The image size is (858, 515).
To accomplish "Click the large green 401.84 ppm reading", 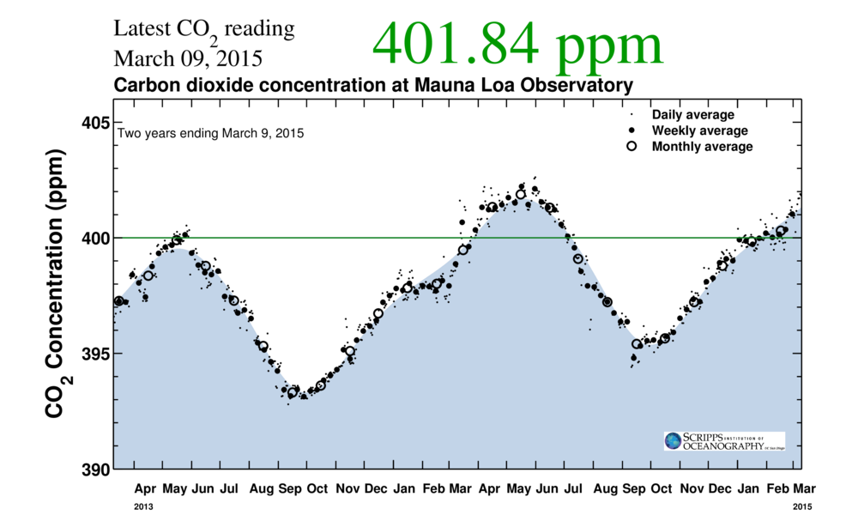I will pyautogui.click(x=518, y=45).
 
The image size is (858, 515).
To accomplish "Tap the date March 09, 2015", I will pyautogui.click(x=188, y=60).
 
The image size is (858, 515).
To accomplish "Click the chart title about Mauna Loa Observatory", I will pyautogui.click(x=373, y=86).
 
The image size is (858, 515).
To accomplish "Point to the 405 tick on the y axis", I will pyautogui.click(x=94, y=123).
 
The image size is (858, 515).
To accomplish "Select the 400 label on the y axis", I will pyautogui.click(x=94, y=238).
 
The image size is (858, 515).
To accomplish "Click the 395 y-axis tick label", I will pyautogui.click(x=94, y=354).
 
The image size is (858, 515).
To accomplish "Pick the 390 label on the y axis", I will pyautogui.click(x=94, y=470).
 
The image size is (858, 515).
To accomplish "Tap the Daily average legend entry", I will pyautogui.click(x=692, y=115).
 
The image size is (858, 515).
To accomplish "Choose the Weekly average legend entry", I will pyautogui.click(x=699, y=130).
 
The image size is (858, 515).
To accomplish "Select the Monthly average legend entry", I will pyautogui.click(x=702, y=147).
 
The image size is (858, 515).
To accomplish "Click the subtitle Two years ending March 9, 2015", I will pyautogui.click(x=210, y=134).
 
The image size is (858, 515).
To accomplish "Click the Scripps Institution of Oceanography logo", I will pyautogui.click(x=723, y=441).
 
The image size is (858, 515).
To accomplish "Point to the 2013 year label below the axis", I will pyautogui.click(x=143, y=507).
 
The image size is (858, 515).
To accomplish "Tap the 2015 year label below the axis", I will pyautogui.click(x=800, y=507).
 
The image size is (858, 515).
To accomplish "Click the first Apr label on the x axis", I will pyautogui.click(x=145, y=488).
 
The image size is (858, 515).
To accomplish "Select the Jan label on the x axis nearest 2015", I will pyautogui.click(x=748, y=488).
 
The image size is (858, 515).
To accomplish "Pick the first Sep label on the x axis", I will pyautogui.click(x=290, y=488).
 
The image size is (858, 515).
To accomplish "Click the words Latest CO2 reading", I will pyautogui.click(x=204, y=29).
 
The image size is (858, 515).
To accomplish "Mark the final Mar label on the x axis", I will pyautogui.click(x=804, y=488).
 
